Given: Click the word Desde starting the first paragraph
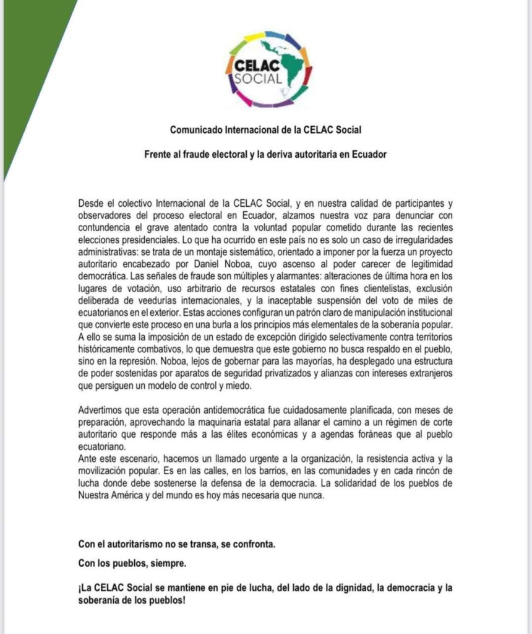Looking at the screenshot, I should point(92,204).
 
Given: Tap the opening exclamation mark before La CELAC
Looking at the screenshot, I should point(80,588).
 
